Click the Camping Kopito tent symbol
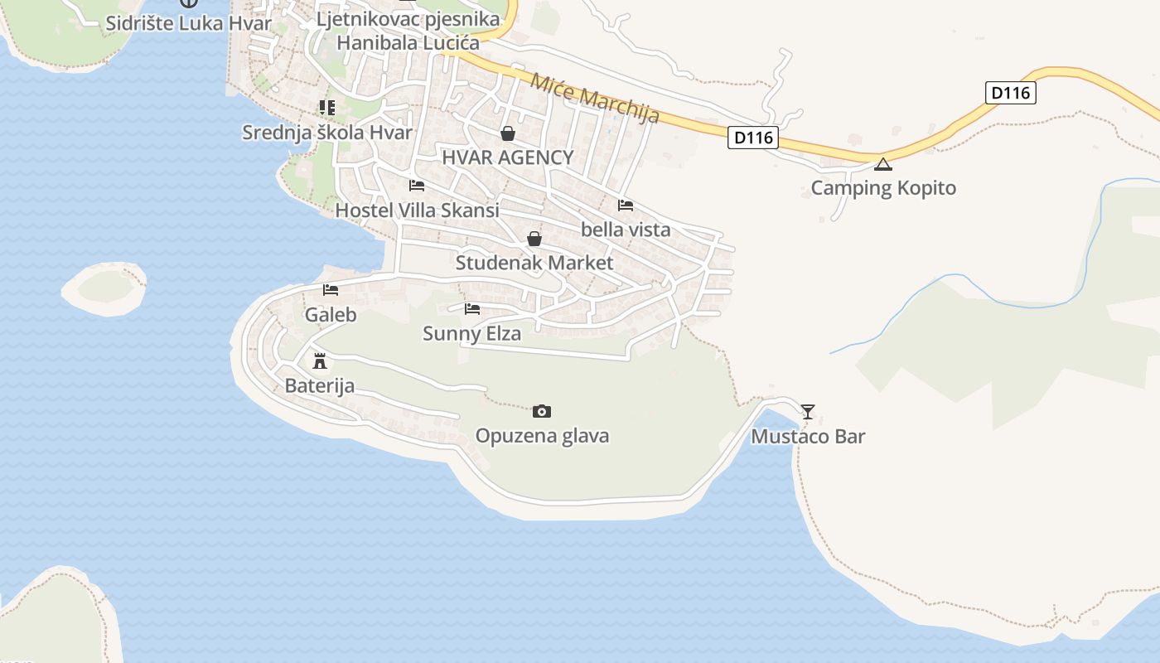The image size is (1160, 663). tap(883, 164)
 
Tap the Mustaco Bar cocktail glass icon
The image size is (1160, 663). tap(808, 411)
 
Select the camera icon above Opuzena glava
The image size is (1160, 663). tap(542, 411)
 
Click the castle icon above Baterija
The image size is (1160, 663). tap(320, 361)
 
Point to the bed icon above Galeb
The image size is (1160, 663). tap(331, 290)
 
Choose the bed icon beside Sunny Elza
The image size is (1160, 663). tap(472, 309)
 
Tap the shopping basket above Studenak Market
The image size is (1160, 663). tap(534, 239)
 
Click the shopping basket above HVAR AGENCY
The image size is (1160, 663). tap(507, 133)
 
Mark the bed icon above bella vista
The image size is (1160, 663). tap(626, 205)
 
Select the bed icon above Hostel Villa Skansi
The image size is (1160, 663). tap(417, 186)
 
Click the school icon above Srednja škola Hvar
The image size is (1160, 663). tap(326, 108)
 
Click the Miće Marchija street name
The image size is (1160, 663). tap(595, 98)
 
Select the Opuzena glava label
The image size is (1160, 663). tap(542, 436)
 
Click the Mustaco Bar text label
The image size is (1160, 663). tap(808, 437)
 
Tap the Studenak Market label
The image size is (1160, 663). tap(534, 264)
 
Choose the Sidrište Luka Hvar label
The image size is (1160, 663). tap(189, 23)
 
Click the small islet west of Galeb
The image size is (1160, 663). tap(105, 287)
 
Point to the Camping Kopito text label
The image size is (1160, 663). tap(883, 188)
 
